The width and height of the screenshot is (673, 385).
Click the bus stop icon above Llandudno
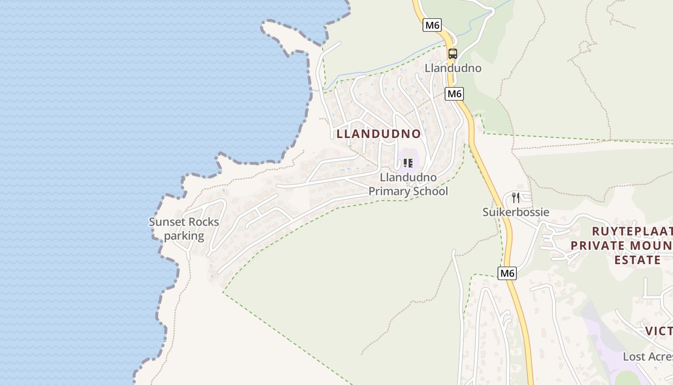coord(452,53)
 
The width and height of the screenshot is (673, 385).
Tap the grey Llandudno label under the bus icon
coord(453,68)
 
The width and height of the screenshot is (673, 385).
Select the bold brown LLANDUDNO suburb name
coord(379,134)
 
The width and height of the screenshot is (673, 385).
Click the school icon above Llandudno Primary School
coord(408,163)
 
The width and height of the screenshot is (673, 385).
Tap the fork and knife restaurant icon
coord(516,197)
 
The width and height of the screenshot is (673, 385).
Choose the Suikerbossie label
coord(516,212)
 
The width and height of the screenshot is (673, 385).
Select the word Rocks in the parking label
coord(203,222)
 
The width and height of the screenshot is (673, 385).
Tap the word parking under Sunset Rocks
coord(184,236)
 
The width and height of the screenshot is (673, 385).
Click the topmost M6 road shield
coord(432,25)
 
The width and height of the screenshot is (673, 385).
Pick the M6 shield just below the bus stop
coord(454,93)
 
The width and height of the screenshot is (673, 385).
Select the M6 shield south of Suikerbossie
coord(507,273)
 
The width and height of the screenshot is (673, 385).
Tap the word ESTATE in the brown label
coord(637,260)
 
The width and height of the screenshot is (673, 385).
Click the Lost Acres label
coord(648,357)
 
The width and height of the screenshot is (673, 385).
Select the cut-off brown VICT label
coord(659,331)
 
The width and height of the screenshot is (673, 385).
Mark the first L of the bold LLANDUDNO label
coord(340,134)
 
